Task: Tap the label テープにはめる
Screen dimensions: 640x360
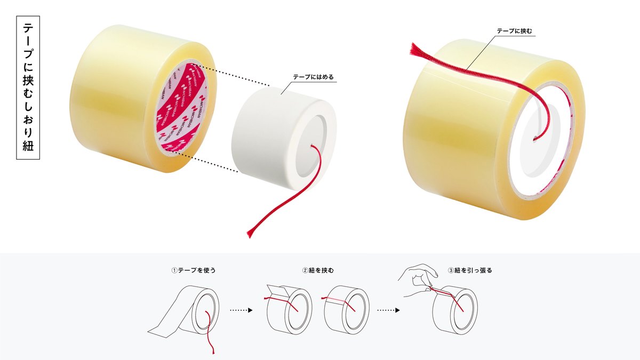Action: [x=313, y=77]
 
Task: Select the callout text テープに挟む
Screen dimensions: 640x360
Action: [x=514, y=31]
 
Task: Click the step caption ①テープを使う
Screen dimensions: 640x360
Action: [x=193, y=270]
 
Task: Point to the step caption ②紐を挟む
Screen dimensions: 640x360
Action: [x=318, y=270]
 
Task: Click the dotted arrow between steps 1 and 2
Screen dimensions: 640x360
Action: [x=241, y=309]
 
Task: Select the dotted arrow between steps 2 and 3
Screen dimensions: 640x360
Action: [x=388, y=309]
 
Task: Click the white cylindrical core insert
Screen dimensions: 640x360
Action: [x=267, y=139]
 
